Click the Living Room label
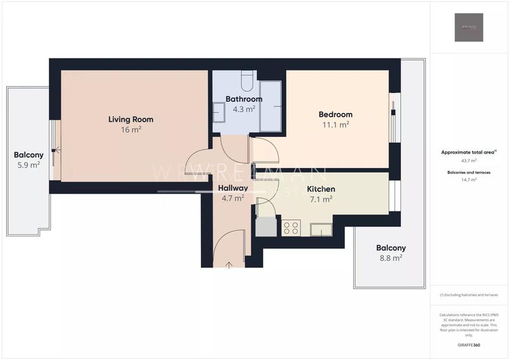coord(131,119)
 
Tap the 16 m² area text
coord(131,129)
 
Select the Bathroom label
coord(244,99)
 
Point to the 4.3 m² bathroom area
coord(244,109)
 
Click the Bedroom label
coord(335,115)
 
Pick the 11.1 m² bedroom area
coord(335,125)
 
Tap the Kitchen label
coord(321,189)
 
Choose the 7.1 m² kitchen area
coord(321,199)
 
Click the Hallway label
coord(232,188)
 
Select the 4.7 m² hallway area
coord(232,198)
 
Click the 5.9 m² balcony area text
coord(29,164)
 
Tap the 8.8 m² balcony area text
coord(391,258)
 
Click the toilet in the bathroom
coord(248,82)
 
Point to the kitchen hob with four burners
coord(291,227)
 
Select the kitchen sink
coord(321,229)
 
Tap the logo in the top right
coord(469,27)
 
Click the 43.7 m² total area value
coord(469,161)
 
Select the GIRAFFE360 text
coord(469,345)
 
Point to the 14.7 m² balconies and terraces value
coord(469,180)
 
